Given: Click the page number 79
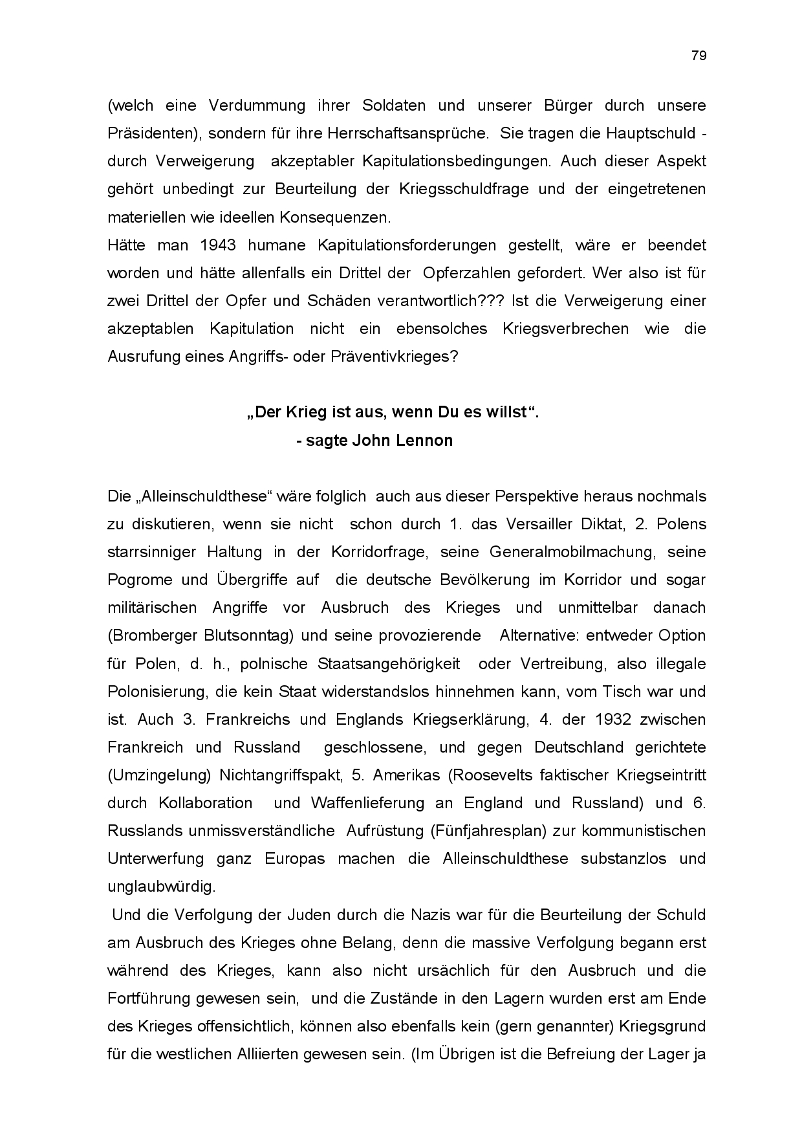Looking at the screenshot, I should pos(699,56).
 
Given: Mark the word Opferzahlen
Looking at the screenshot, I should pos(466,273).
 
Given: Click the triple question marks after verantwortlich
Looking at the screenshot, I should pos(495,301).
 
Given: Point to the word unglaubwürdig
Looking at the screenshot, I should pos(161,887).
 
